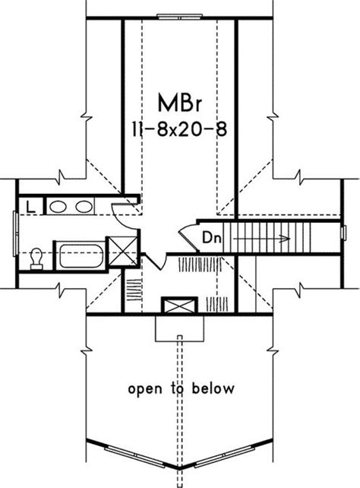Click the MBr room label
pyautogui.click(x=180, y=103)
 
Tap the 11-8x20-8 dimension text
pyautogui.click(x=179, y=128)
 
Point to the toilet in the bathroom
pyautogui.click(x=36, y=258)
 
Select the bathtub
pyautogui.click(x=81, y=256)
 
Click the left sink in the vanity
pyautogui.click(x=58, y=207)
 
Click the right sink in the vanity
pyautogui.click(x=84, y=207)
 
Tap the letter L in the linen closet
pyautogui.click(x=30, y=207)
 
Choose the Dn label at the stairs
pyautogui.click(x=212, y=238)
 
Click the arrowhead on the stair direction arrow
pyautogui.click(x=285, y=239)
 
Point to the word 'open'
pyautogui.click(x=145, y=389)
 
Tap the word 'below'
pyautogui.click(x=213, y=388)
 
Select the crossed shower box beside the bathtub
pyautogui.click(x=122, y=251)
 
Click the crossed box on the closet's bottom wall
pyautogui.click(x=179, y=305)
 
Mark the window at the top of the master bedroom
pyautogui.click(x=180, y=17)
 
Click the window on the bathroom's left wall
pyautogui.click(x=15, y=233)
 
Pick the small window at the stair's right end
pyautogui.click(x=344, y=233)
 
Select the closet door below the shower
pyautogui.click(x=153, y=261)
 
